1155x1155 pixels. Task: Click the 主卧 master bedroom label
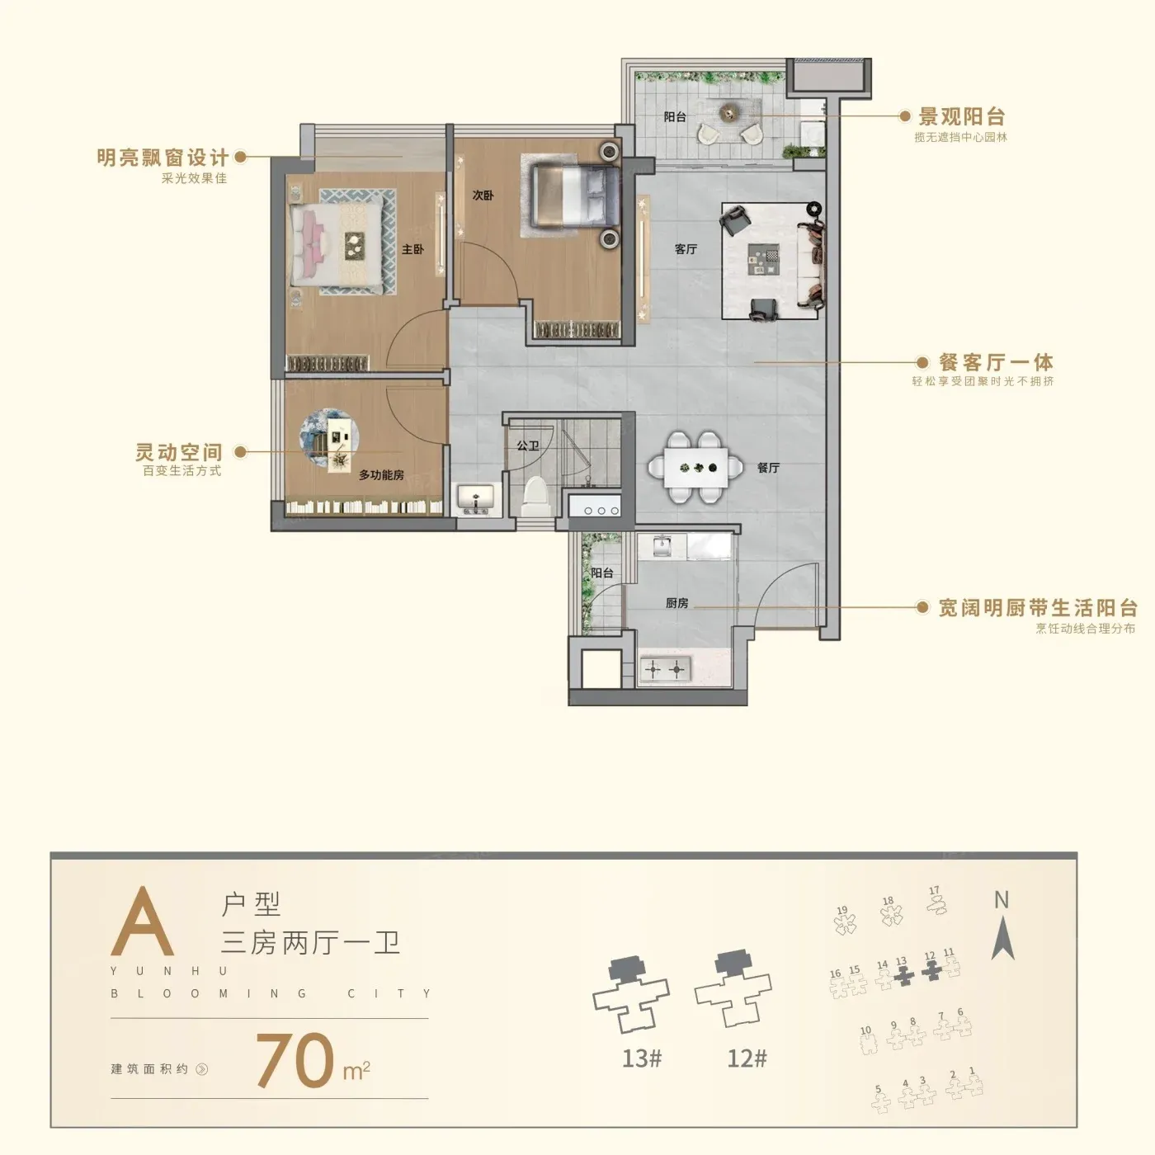pos(412,249)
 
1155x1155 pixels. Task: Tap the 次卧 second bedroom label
pos(483,196)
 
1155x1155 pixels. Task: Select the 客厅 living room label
pos(686,249)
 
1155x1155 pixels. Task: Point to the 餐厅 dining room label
pos(768,468)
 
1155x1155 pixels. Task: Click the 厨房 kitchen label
pos(676,603)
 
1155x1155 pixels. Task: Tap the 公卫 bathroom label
pos(527,446)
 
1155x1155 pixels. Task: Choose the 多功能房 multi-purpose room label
pos(381,475)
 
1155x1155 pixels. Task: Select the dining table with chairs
pos(695,468)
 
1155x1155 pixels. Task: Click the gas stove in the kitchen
pos(665,669)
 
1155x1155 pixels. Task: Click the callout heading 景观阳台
pos(962,117)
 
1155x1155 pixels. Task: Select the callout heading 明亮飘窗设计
pos(163,158)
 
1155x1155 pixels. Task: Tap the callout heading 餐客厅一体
pos(996,362)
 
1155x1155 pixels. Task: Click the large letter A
pos(143,922)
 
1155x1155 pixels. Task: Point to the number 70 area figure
pos(295,1060)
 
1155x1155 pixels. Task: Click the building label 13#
pos(642,1058)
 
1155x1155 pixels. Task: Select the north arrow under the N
pos(1002,938)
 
